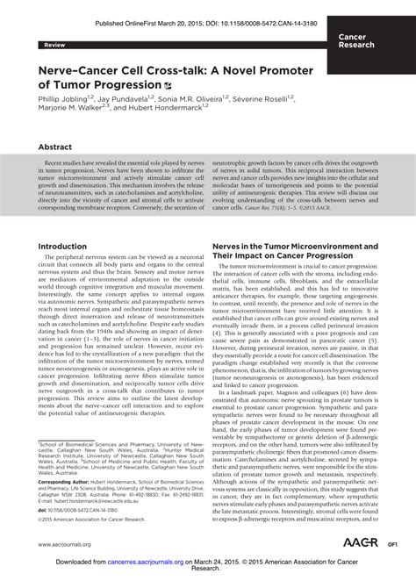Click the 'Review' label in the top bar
[x=43, y=43]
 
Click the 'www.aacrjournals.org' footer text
[x=58, y=545]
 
